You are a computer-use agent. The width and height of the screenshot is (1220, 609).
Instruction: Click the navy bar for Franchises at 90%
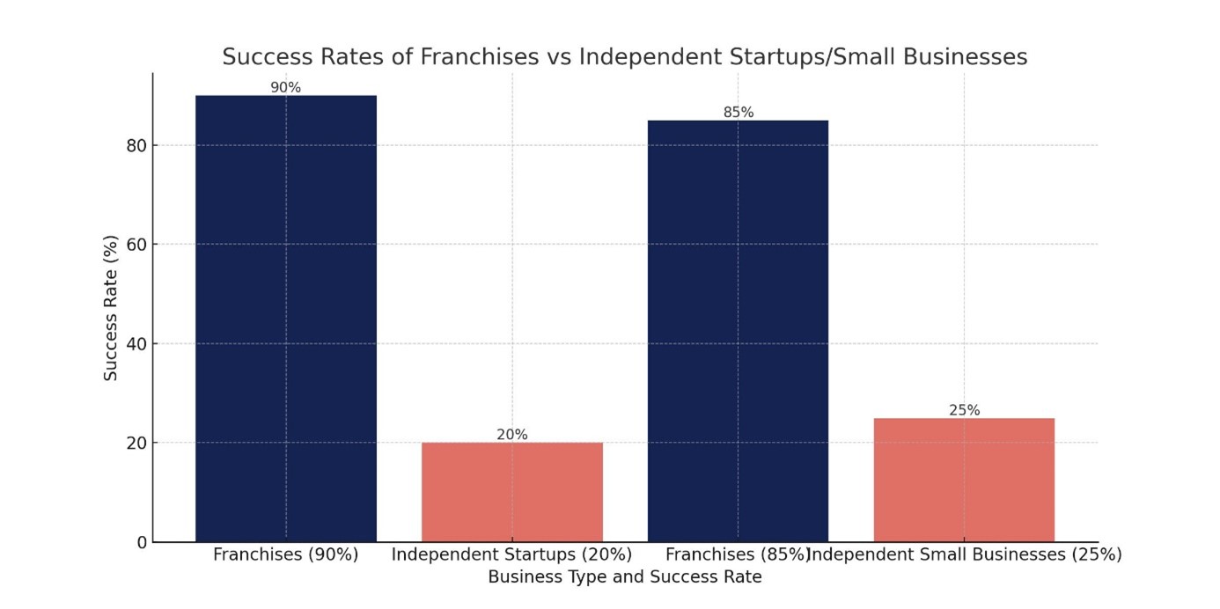285,318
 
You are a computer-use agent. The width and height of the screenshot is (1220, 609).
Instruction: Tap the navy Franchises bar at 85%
738,330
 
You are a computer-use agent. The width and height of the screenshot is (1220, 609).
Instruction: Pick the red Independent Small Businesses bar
964,480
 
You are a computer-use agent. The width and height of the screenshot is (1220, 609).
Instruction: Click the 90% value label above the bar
285,87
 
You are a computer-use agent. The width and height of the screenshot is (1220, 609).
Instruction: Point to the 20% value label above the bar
511,435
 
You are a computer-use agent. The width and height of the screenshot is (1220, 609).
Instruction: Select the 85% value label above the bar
738,113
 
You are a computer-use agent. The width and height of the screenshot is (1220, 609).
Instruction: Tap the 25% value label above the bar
964,410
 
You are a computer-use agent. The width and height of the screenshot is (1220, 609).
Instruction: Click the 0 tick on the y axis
141,542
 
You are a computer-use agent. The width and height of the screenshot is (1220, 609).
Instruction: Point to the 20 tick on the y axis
136,443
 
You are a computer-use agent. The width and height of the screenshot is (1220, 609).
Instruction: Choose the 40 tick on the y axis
136,343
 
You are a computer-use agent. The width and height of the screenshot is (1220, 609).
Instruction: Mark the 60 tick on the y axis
136,245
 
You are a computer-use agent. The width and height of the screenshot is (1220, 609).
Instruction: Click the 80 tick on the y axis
136,145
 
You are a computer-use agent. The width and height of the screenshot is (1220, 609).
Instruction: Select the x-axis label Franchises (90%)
285,555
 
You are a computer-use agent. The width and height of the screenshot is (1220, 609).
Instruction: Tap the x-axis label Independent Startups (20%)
511,555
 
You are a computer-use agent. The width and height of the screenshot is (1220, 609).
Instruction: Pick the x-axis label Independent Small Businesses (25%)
964,555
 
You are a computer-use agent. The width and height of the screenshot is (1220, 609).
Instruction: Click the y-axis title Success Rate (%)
111,308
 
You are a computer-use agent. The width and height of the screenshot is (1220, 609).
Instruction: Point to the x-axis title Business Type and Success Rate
624,577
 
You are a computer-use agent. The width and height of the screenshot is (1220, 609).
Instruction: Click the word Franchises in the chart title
480,57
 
